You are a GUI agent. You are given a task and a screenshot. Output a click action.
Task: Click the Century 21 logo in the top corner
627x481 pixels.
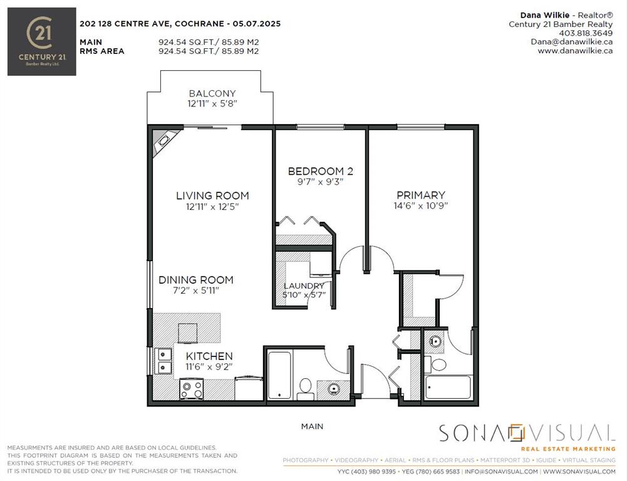41,41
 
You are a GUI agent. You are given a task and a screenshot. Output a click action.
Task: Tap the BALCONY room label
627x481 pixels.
212,93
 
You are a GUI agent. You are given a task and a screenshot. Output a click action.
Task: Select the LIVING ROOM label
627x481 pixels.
212,195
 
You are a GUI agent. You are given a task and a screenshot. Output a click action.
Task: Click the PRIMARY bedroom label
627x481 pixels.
421,195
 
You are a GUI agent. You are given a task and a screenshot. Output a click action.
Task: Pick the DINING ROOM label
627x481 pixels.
196,280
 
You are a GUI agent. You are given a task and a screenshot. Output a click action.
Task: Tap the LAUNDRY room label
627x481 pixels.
304,286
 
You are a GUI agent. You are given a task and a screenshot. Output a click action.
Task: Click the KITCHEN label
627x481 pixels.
209,356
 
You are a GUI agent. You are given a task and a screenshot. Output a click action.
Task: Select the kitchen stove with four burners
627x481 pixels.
192,389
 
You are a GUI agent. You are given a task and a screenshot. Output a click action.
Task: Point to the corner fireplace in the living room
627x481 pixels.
163,142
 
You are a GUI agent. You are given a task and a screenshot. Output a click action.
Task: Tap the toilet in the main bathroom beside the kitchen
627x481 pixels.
306,389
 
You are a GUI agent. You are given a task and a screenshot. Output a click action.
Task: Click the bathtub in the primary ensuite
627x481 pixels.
448,387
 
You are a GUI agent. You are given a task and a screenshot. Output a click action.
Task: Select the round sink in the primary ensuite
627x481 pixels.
435,342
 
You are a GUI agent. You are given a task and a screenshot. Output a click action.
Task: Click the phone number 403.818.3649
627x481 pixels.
586,33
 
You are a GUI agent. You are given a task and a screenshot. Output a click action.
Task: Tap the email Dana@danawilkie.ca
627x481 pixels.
572,41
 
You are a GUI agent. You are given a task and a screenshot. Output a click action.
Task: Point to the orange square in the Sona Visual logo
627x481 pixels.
516,433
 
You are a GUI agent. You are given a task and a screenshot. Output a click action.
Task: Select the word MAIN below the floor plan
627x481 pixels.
313,427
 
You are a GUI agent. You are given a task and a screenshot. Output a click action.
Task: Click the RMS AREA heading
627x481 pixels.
102,51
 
